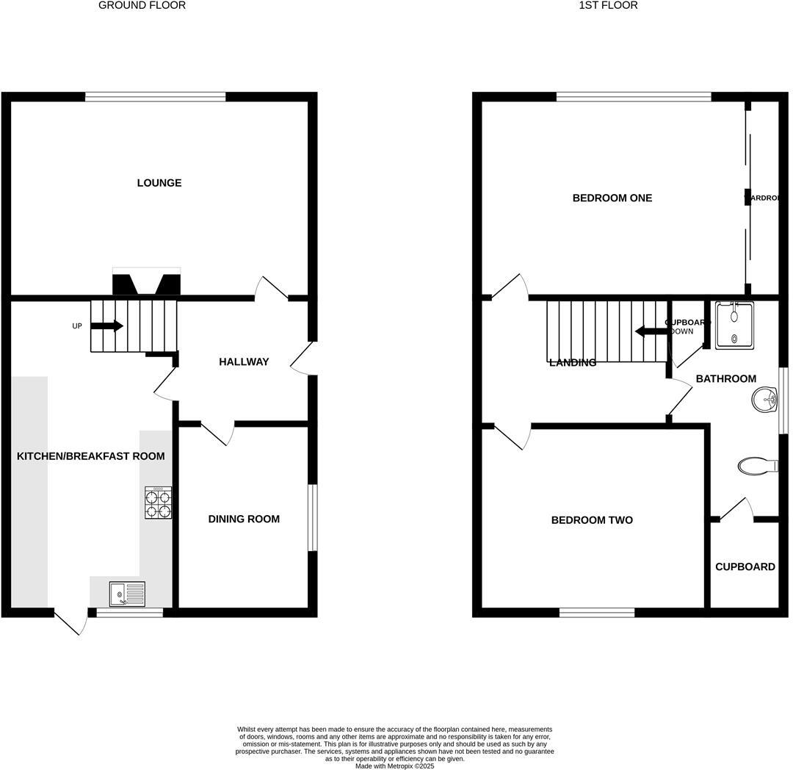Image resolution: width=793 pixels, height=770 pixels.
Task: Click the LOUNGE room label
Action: point(159,183)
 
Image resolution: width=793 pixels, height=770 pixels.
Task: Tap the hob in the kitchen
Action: point(159,503)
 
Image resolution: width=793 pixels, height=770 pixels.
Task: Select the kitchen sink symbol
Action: point(127,593)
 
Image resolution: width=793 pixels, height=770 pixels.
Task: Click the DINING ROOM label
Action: point(244,519)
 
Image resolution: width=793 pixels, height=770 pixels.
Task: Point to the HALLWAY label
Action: point(244,362)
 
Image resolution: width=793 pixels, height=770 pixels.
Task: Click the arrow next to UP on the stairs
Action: point(107,326)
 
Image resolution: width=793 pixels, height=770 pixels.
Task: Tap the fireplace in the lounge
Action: point(146,284)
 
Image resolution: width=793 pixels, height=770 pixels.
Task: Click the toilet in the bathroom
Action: point(757,466)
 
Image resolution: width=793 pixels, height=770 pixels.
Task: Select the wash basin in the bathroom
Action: point(764,401)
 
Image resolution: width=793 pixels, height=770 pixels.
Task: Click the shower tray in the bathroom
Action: point(734,325)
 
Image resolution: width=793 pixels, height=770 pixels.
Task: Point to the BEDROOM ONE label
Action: point(612,198)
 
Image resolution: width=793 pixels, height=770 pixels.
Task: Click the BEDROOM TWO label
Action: point(592,520)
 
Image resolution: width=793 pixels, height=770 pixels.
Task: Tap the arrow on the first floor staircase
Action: point(650,331)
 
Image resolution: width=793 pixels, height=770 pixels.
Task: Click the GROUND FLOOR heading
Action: point(142,5)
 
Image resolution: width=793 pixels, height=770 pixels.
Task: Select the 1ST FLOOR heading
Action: point(608,5)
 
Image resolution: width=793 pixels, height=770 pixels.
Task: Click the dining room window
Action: point(312,517)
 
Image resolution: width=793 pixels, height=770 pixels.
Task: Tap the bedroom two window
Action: point(597,612)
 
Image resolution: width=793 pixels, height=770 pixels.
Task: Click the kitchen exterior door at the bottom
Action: point(72,621)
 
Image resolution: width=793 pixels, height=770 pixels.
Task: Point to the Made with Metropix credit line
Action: point(395,766)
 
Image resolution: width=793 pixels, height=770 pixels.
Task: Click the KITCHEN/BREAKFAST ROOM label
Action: point(90,456)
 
